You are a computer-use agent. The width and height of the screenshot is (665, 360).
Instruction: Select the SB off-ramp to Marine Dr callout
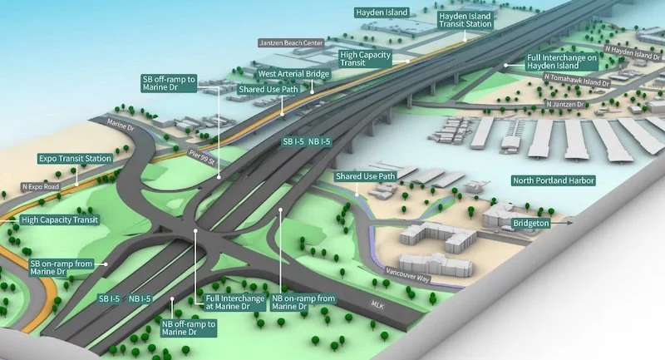(169, 84)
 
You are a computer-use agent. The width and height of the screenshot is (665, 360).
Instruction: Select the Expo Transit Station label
(75, 158)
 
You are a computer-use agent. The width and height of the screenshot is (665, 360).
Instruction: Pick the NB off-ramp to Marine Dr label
(189, 328)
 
